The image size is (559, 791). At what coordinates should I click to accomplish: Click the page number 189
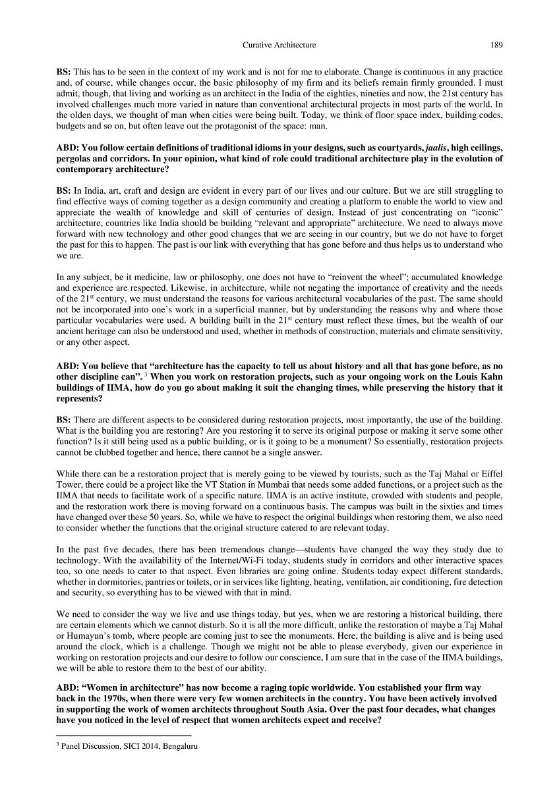(x=496, y=45)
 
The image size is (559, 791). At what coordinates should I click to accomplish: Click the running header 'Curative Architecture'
(x=279, y=45)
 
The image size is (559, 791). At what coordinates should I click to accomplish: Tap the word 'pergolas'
(x=74, y=160)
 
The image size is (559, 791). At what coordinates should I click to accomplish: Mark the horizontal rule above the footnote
(x=124, y=734)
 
